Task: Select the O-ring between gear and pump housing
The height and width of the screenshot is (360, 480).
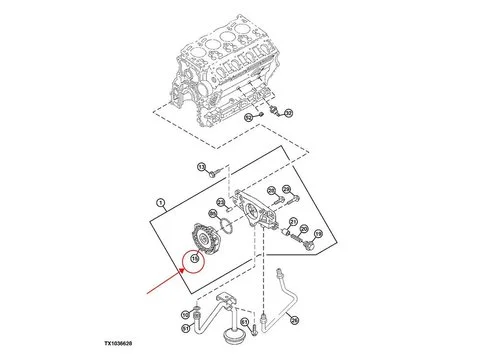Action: pos(229,228)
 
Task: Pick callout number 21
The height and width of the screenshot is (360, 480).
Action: pos(292,221)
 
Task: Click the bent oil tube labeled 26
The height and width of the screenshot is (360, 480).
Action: pos(285,295)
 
